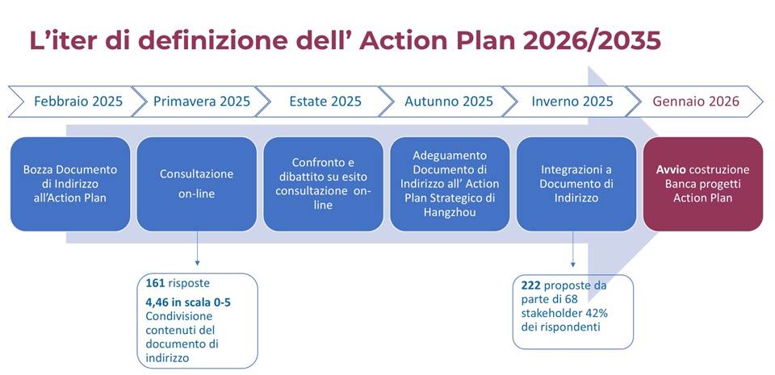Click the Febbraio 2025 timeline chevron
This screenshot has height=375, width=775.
tap(77, 102)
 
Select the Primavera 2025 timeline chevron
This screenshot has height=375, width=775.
tap(201, 102)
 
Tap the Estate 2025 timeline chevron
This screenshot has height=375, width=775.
tap(325, 102)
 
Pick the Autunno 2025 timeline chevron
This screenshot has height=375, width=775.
tap(448, 102)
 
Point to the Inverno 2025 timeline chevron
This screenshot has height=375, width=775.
tap(572, 102)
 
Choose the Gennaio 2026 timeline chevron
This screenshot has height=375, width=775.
tap(695, 102)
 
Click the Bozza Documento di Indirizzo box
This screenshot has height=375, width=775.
tap(70, 184)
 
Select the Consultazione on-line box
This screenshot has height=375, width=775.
tap(197, 184)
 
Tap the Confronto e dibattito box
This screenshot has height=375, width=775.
tap(323, 184)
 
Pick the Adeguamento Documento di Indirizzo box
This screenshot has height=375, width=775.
tap(450, 184)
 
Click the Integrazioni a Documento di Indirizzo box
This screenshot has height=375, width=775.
tap(576, 184)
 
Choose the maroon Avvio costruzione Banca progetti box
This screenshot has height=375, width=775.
tap(703, 184)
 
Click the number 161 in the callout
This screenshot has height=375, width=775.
tap(155, 284)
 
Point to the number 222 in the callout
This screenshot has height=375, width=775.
tap(531, 285)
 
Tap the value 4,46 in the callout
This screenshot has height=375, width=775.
tap(157, 302)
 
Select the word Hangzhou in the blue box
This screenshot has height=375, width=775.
tap(450, 212)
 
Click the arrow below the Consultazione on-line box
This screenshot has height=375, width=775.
tap(197, 248)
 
